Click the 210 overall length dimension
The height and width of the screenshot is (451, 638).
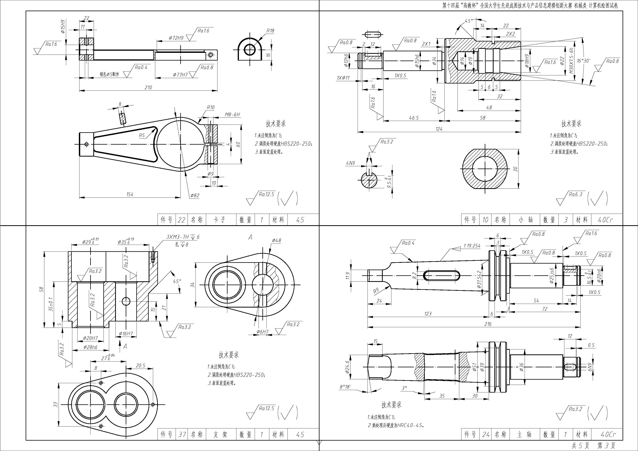tap(148, 88)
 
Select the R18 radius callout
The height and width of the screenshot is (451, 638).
tap(270, 31)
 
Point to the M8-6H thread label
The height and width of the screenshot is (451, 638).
tap(232, 115)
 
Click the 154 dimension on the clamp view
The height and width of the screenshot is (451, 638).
tap(130, 194)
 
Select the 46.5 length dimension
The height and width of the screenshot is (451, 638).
tap(414, 118)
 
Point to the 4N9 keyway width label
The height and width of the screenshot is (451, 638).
tap(350, 163)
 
